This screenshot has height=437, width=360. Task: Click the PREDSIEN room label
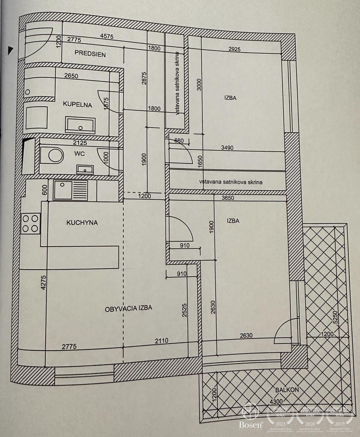pyautogui.click(x=90, y=54)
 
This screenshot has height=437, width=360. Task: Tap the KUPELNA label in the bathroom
pyautogui.click(x=78, y=104)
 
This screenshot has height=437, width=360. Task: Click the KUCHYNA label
pyautogui.click(x=82, y=222)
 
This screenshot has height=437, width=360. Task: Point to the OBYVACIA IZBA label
pyautogui.click(x=129, y=307)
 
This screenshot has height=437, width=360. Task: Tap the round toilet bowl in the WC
pyautogui.click(x=56, y=156)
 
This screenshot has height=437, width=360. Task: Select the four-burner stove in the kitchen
pyautogui.click(x=31, y=224)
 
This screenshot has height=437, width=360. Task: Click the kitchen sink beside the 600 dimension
pyautogui.click(x=70, y=190)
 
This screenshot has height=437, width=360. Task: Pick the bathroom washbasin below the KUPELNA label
pyautogui.click(x=80, y=125)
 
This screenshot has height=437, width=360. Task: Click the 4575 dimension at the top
pyautogui.click(x=106, y=37)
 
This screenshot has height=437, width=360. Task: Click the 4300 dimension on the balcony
pyautogui.click(x=276, y=402)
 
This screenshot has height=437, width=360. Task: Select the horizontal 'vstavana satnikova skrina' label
pyautogui.click(x=231, y=182)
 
